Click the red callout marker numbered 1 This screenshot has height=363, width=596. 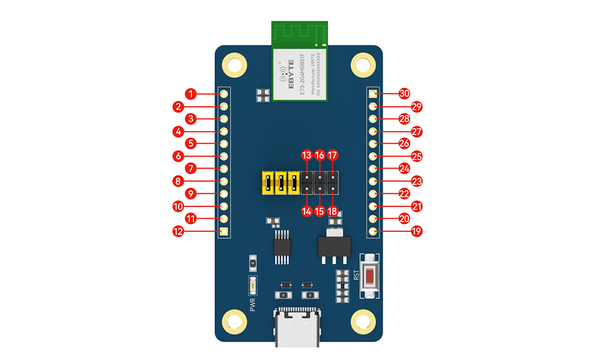click(x=190, y=94)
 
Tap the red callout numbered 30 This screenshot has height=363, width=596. click(x=405, y=94)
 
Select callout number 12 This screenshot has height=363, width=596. click(x=178, y=231)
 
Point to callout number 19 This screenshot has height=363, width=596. click(x=417, y=231)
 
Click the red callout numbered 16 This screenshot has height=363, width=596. click(x=319, y=156)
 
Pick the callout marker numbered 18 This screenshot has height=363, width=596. click(x=333, y=211)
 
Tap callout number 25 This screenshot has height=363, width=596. click(x=417, y=156)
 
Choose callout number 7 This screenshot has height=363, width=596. click(x=190, y=169)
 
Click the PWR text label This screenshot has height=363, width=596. click(x=253, y=304)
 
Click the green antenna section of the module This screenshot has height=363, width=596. click(x=300, y=34)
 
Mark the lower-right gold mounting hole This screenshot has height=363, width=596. click(x=362, y=322)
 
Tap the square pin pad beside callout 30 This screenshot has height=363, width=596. click(x=372, y=94)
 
